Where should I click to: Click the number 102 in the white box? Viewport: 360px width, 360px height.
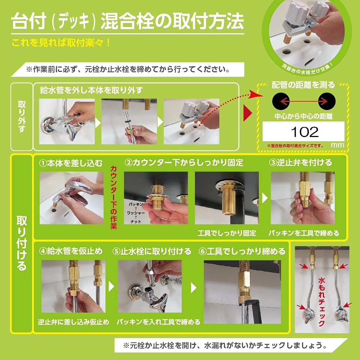tap(304, 132)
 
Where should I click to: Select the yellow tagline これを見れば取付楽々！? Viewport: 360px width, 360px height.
tap(61, 43)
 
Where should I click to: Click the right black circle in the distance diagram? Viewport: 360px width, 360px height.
tap(327, 100)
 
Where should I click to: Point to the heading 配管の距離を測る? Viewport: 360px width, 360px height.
tap(303, 85)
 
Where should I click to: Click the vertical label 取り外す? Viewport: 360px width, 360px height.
tap(22, 117)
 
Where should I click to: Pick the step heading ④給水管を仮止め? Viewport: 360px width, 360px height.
tap(71, 251)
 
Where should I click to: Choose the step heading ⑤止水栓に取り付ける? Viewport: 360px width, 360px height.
tap(152, 251)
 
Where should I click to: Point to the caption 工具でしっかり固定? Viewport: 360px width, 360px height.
tap(227, 233)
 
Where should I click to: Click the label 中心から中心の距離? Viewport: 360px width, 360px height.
tap(303, 117)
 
